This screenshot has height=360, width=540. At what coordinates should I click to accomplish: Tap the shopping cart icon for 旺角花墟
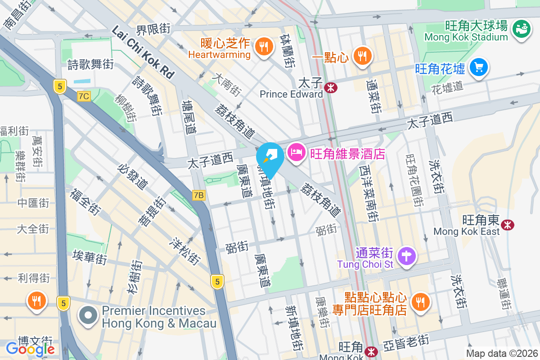[x=478, y=67]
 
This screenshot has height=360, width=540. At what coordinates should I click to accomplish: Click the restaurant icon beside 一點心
[x=361, y=55]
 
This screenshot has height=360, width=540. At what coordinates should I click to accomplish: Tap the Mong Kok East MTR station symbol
[x=508, y=224]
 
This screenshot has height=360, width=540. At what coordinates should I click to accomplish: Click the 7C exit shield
[x=84, y=96]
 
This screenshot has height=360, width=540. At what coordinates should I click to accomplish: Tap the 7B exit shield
[x=198, y=195]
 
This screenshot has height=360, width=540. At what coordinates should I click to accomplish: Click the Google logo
[x=30, y=349]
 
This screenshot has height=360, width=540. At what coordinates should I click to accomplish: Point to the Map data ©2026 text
[x=501, y=353]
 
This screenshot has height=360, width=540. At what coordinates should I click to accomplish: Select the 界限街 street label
[x=153, y=30]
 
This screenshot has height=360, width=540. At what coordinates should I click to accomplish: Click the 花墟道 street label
[x=447, y=86]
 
